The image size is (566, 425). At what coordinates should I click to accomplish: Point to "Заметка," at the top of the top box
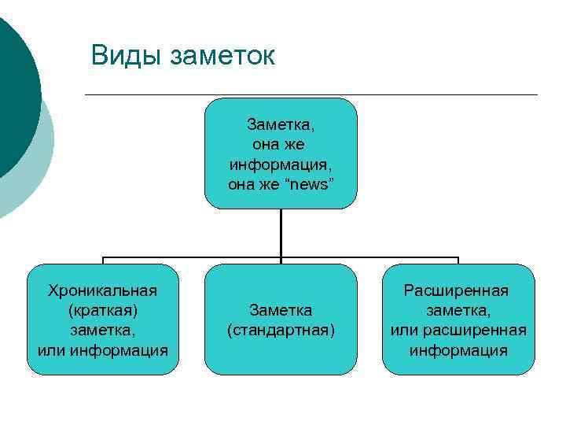click(x=281, y=124)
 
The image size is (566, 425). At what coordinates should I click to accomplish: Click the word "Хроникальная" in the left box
click(x=103, y=290)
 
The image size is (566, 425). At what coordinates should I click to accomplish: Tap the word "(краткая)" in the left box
click(x=103, y=310)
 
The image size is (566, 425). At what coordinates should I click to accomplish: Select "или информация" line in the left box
click(x=103, y=349)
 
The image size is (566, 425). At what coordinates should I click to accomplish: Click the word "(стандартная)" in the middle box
click(x=281, y=330)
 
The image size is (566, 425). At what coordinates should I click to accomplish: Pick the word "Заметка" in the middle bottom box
click(x=281, y=310)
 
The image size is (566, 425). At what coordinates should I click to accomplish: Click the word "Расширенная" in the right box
click(x=457, y=290)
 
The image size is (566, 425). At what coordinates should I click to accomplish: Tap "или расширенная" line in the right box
click(x=458, y=330)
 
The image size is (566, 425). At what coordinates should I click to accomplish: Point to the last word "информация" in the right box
click(x=458, y=349)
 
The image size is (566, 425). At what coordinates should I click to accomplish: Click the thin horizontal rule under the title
click(x=314, y=95)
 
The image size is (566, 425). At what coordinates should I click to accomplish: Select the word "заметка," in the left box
click(x=103, y=330)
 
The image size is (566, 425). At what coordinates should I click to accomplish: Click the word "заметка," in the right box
click(x=458, y=310)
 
